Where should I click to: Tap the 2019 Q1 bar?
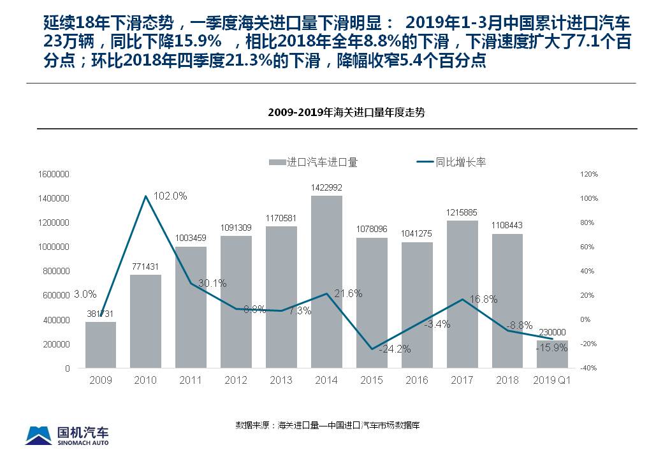(552, 354)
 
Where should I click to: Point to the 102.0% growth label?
(170, 196)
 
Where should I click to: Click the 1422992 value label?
(326, 187)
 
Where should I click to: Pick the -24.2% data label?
(395, 349)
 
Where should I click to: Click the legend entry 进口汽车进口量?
(314, 162)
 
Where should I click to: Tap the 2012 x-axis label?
(236, 380)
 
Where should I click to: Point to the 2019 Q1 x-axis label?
(552, 380)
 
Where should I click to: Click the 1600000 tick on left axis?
(54, 174)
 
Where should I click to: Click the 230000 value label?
(552, 332)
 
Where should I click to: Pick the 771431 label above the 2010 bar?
(145, 266)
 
